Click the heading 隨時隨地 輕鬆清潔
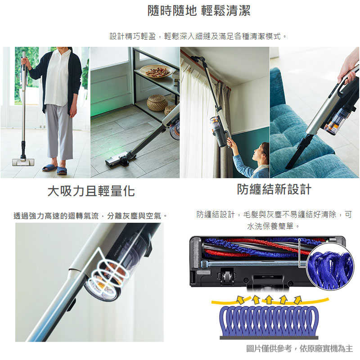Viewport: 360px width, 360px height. [199, 10]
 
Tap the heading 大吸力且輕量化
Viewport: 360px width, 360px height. [91, 191]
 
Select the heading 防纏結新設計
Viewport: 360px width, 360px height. [274, 189]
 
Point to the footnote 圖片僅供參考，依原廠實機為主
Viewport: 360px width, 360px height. [299, 348]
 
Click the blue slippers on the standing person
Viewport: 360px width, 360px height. [55, 169]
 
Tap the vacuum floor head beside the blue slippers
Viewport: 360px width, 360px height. [23, 162]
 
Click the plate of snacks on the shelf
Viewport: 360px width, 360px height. [157, 71]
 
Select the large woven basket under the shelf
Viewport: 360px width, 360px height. [157, 103]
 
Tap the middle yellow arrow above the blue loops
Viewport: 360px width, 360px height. [269, 300]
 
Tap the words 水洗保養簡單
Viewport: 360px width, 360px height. [270, 226]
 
